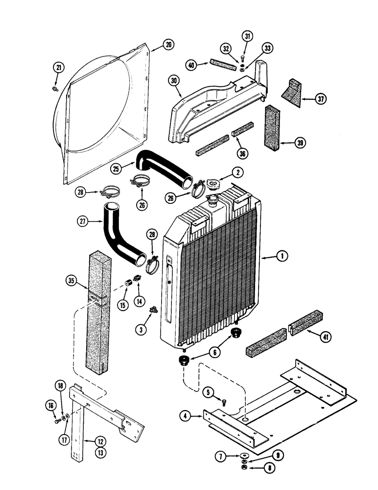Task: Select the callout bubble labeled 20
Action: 168,45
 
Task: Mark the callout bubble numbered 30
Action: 174,81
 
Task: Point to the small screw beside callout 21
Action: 54,89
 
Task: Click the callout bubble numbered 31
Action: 247,36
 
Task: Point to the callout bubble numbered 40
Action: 192,65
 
